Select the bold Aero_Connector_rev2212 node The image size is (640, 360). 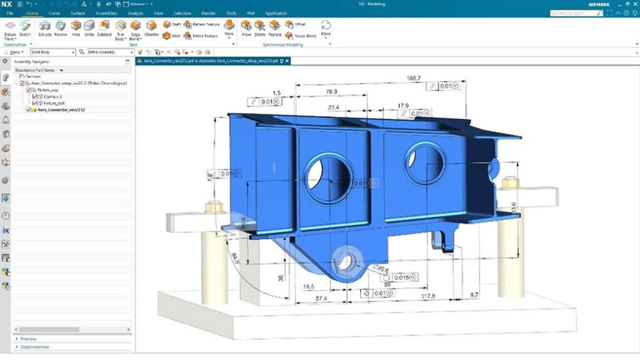click(62, 110)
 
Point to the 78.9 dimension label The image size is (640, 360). click(331, 92)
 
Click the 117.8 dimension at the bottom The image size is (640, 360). click(428, 296)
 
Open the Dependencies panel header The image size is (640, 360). click(35, 347)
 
